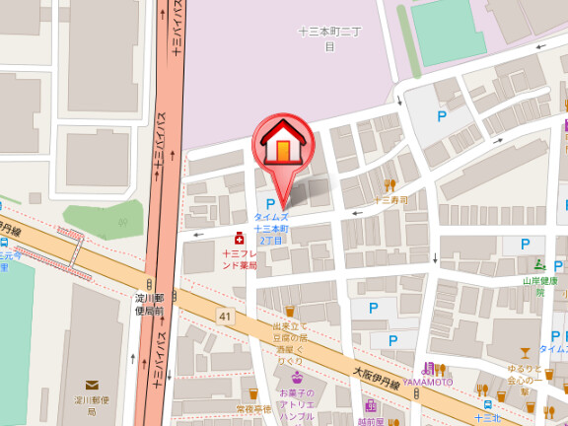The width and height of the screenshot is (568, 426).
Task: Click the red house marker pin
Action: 283,144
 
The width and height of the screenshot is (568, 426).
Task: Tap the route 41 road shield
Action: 226,316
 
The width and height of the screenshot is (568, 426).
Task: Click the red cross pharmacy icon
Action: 239,238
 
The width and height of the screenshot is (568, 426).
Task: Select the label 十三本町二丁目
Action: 330,38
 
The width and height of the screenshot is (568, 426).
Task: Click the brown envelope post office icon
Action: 93,386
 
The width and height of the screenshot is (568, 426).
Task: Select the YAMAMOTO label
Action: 427,382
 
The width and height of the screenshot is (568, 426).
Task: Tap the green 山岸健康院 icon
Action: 538,264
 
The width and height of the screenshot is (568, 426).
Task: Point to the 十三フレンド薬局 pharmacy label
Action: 239,259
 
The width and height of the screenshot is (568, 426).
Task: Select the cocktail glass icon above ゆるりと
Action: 525,352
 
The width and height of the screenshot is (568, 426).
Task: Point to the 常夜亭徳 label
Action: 252,408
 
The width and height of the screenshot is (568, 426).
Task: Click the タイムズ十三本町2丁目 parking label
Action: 271,228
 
